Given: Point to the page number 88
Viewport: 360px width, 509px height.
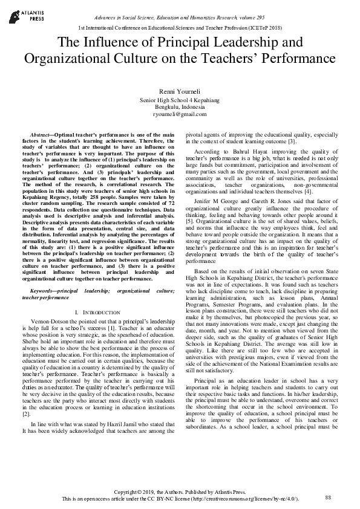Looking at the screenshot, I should click(x=329, y=498).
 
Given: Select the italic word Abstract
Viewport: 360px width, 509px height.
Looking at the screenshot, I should click(x=41, y=133).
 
